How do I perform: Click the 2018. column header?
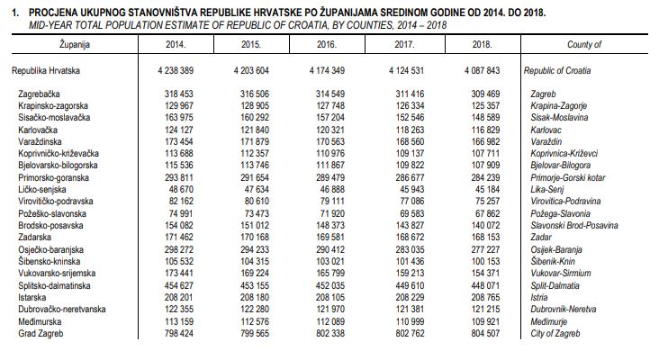point(480,43)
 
